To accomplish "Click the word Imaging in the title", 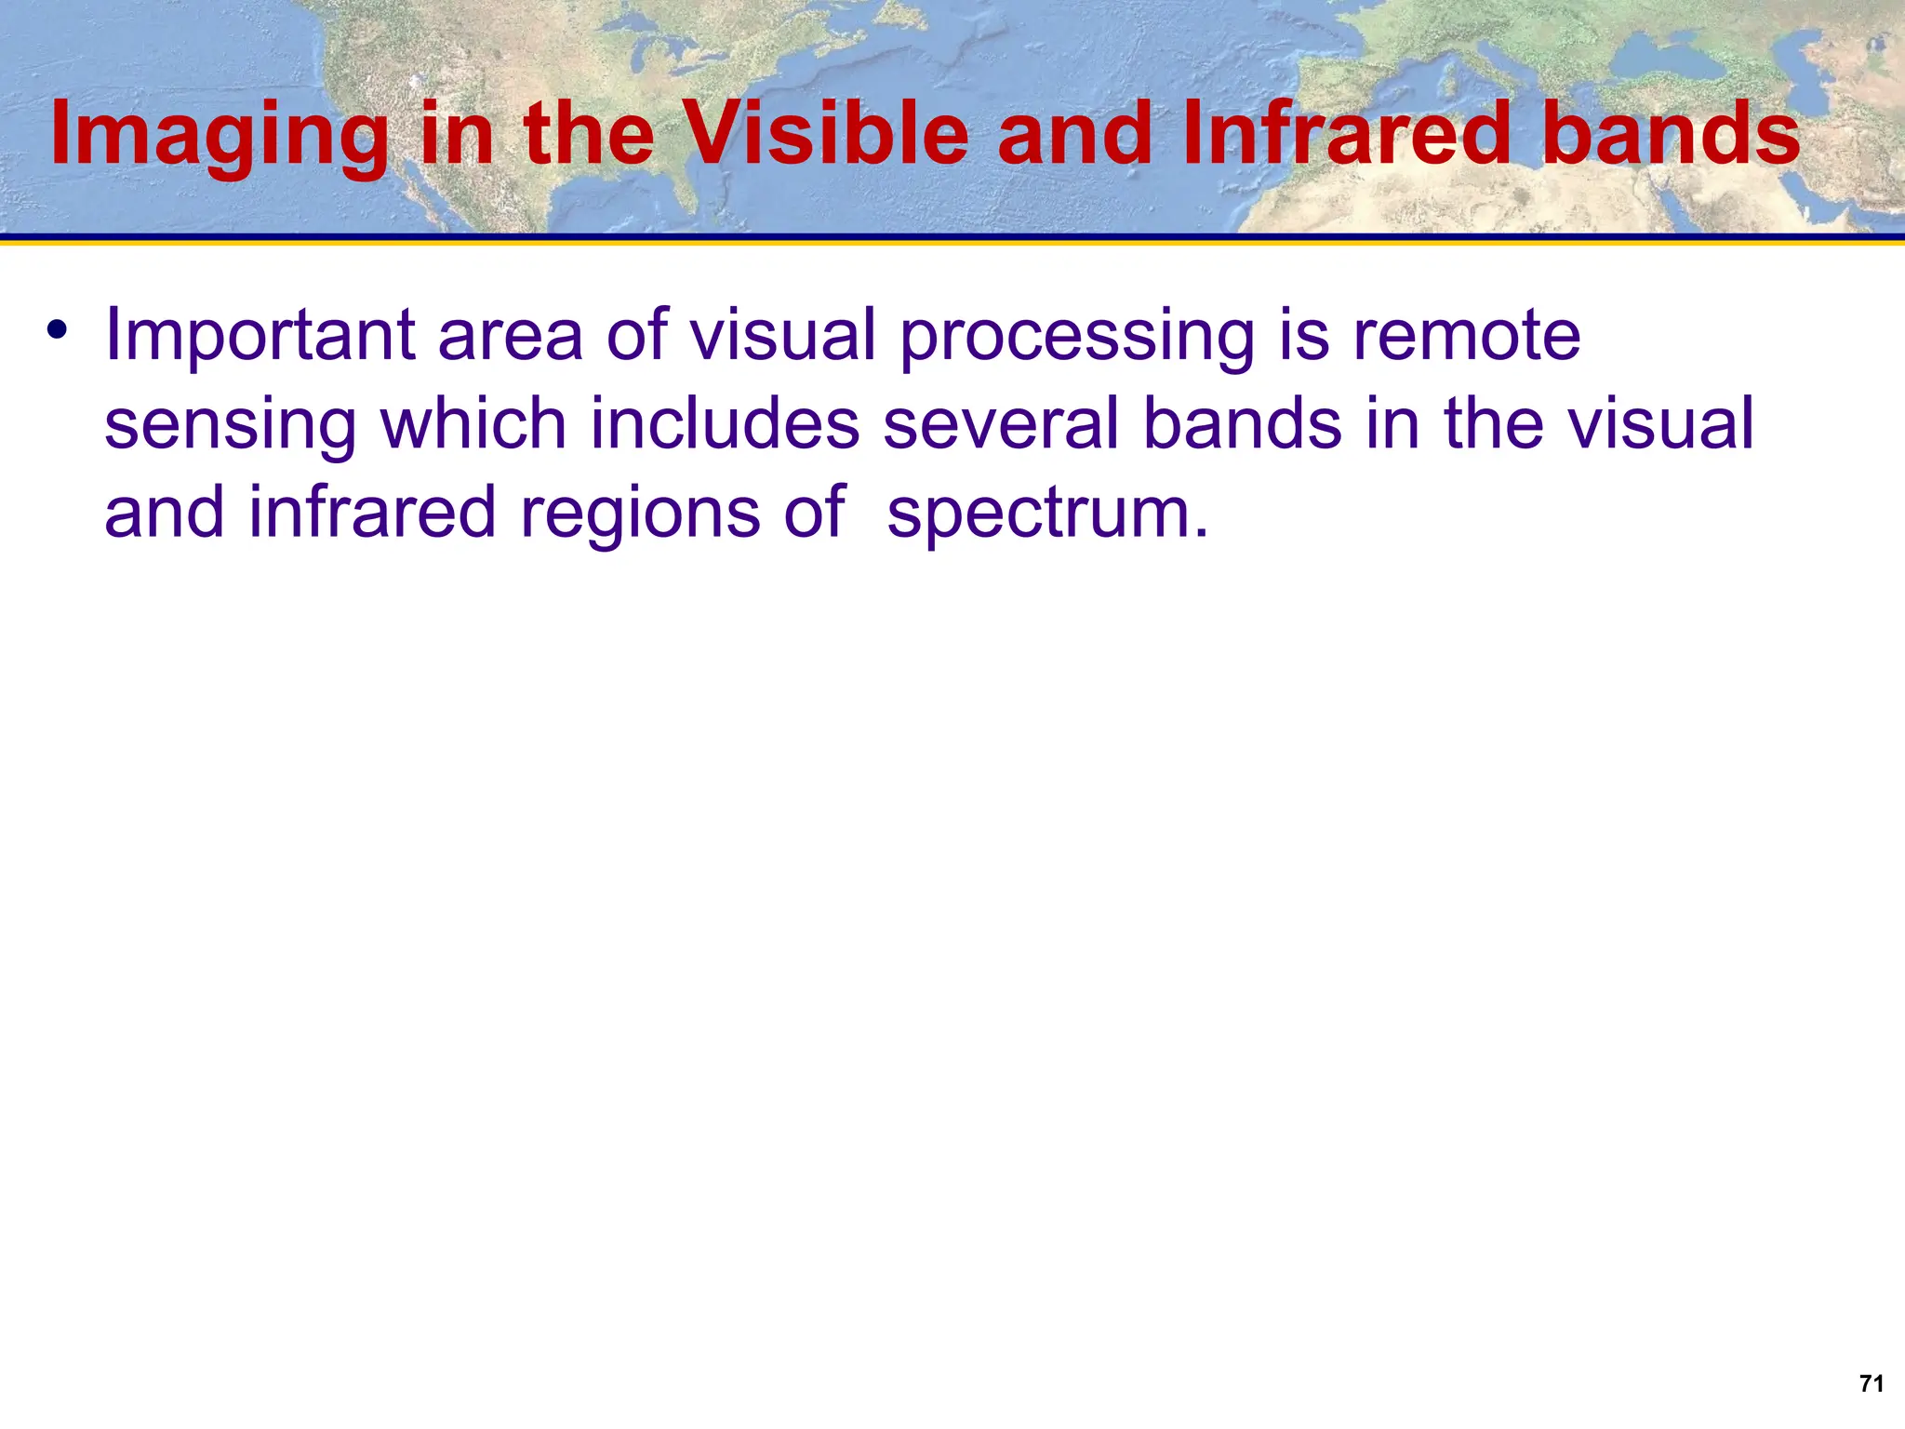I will point(219,136).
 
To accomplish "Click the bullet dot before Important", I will point(58,329).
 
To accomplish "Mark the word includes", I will point(725,423).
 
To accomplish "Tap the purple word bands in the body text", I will point(1243,423).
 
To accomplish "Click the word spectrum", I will point(1046,514).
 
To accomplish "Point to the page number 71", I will point(1872,1383).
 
